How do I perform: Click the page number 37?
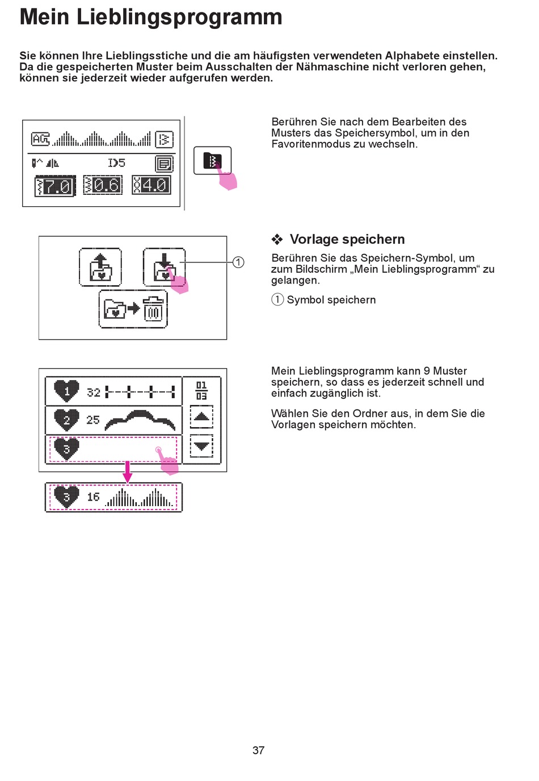point(258,750)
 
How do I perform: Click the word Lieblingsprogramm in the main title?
point(179,17)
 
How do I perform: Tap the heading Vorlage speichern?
point(347,239)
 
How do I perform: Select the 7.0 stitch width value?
point(55,186)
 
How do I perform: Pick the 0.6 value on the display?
point(103,185)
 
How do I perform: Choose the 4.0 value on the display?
point(151,185)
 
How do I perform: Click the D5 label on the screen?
point(116,163)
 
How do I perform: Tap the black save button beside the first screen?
point(212,160)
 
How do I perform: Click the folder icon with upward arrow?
point(100,266)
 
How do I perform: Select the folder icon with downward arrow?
point(163,266)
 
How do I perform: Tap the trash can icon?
point(153,310)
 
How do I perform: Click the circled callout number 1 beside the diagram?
point(238,262)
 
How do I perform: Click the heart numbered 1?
point(66,391)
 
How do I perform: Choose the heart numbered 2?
point(66,420)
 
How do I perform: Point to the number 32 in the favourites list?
point(94,392)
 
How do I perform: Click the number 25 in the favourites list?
point(93,420)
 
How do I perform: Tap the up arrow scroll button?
point(201,416)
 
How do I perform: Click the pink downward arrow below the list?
point(128,472)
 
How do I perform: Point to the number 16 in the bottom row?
point(94,497)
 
